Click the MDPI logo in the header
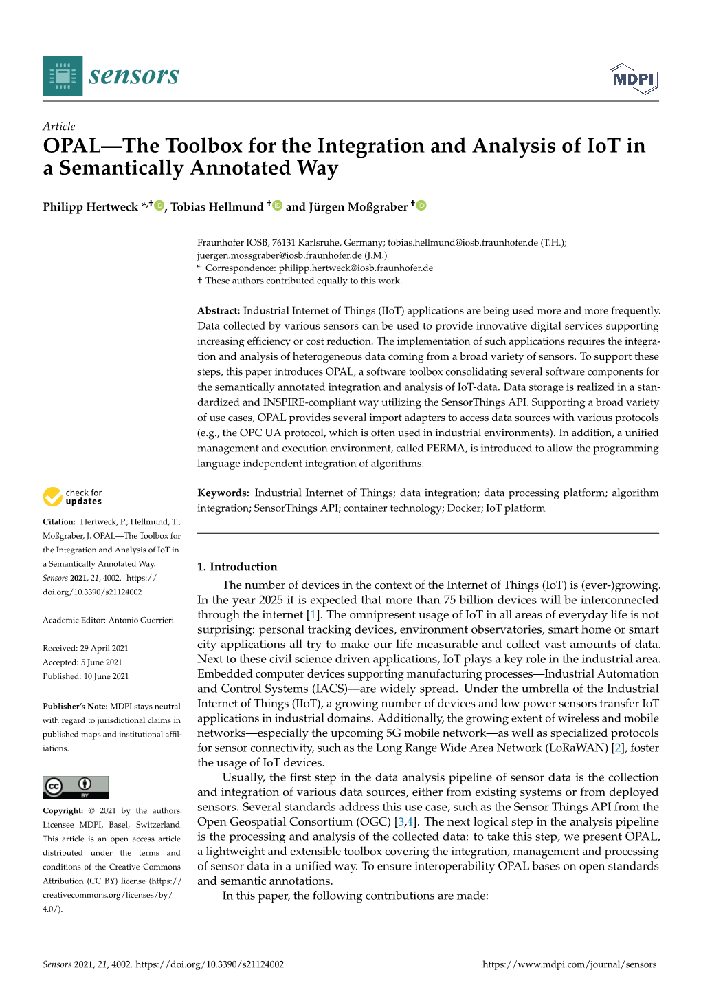(x=633, y=78)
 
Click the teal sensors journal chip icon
(x=63, y=76)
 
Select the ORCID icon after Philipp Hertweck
(x=159, y=206)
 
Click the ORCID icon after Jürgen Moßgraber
(x=421, y=206)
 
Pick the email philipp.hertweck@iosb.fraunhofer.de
(x=355, y=268)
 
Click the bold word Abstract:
(x=219, y=311)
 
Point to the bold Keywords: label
(x=223, y=493)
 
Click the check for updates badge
(x=72, y=497)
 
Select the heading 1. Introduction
(x=237, y=567)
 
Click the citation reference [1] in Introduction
(x=313, y=615)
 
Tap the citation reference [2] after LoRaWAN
(x=617, y=748)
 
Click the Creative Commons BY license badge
(x=76, y=787)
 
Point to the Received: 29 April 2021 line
(x=85, y=648)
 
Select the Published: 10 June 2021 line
(x=85, y=676)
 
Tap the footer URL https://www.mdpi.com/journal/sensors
(x=569, y=964)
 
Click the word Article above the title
(x=58, y=126)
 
